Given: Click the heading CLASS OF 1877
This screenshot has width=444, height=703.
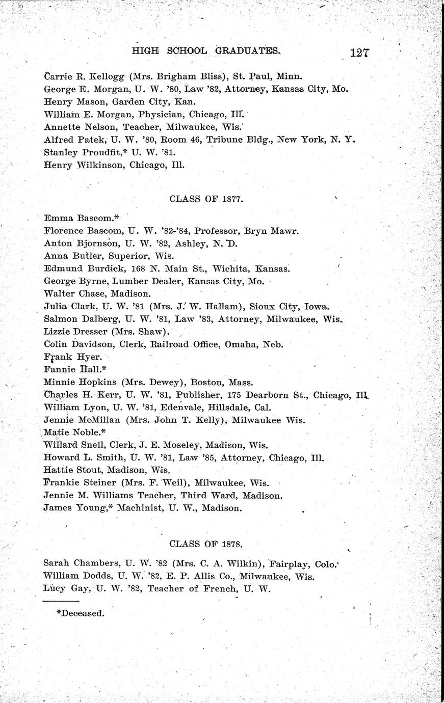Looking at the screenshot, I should coord(205,199).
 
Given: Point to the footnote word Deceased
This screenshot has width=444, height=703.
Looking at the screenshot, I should coord(83,613).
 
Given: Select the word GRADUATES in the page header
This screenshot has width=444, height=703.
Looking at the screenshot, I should coord(248,51).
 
